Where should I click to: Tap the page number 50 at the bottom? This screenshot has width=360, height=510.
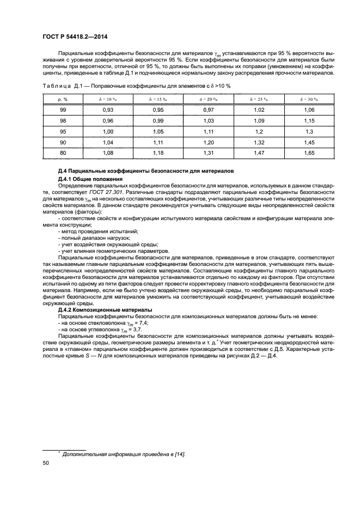coord(46,463)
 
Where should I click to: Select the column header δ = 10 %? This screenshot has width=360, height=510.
coord(108,99)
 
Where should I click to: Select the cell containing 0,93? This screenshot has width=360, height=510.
coord(108,111)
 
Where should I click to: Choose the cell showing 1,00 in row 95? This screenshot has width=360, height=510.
coord(108,132)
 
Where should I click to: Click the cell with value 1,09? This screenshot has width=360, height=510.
coord(260,121)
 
